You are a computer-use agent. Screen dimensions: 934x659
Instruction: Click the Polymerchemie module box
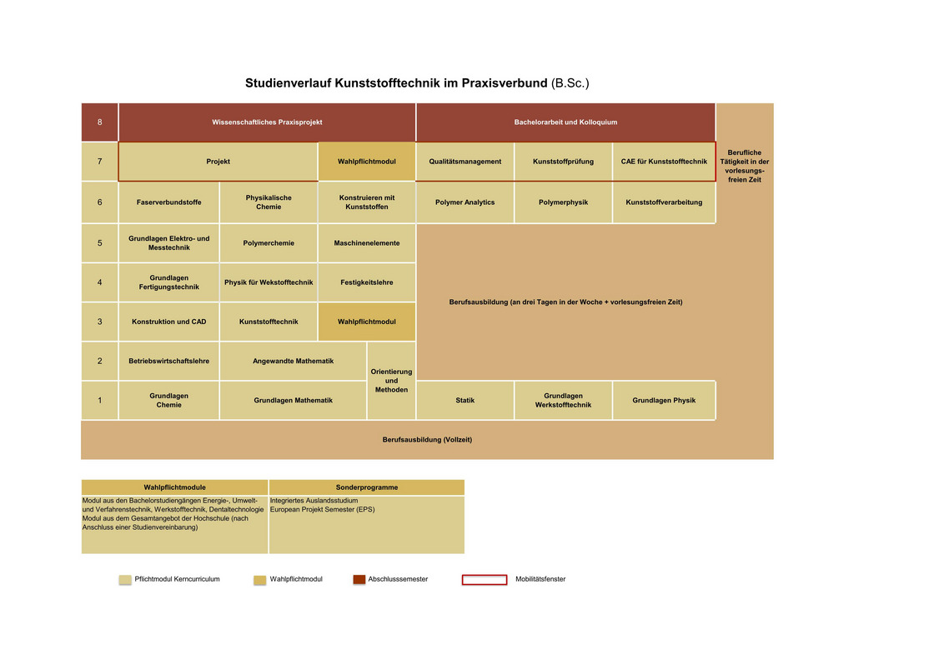pyautogui.click(x=269, y=243)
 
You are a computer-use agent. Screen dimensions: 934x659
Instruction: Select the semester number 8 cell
pyautogui.click(x=99, y=122)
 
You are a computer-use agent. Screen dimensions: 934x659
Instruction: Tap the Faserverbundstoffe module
pyautogui.click(x=169, y=202)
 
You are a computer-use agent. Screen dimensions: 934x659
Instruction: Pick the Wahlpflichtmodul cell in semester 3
pyautogui.click(x=367, y=322)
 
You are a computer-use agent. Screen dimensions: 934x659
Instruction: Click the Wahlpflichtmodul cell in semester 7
pyautogui.click(x=367, y=162)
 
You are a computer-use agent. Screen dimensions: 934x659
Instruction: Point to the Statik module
pyautogui.click(x=465, y=401)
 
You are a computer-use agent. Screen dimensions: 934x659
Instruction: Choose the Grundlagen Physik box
pyautogui.click(x=664, y=401)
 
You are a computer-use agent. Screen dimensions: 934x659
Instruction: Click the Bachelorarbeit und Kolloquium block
pyautogui.click(x=566, y=122)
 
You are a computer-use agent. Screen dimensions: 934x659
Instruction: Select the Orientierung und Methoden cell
pyautogui.click(x=391, y=381)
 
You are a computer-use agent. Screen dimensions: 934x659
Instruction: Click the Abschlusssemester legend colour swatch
pyautogui.click(x=359, y=579)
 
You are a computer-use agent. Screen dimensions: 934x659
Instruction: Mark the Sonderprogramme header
pyautogui.click(x=367, y=487)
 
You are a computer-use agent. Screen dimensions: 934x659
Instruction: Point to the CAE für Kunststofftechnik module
pyautogui.click(x=664, y=162)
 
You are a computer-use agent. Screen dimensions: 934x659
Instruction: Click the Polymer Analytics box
pyautogui.click(x=465, y=202)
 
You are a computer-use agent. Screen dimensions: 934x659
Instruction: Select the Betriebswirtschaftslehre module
pyautogui.click(x=169, y=361)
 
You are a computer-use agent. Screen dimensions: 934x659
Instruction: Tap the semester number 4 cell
pyautogui.click(x=99, y=282)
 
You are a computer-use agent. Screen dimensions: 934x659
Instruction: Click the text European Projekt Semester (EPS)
pyautogui.click(x=322, y=510)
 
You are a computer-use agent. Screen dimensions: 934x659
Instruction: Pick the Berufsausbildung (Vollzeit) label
pyautogui.click(x=427, y=440)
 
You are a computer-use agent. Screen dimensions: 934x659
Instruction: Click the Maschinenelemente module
pyautogui.click(x=367, y=243)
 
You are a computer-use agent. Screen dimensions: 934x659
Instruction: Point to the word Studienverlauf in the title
pyautogui.click(x=289, y=83)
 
